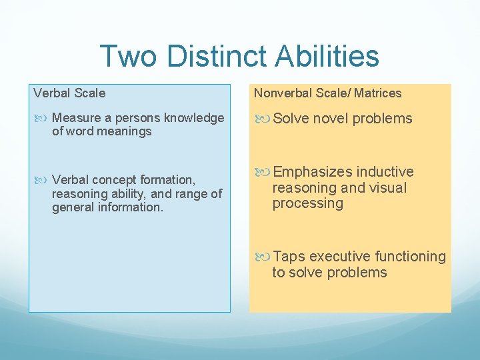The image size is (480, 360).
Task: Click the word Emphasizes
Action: [x=312, y=172]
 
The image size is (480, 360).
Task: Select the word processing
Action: [x=307, y=204]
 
